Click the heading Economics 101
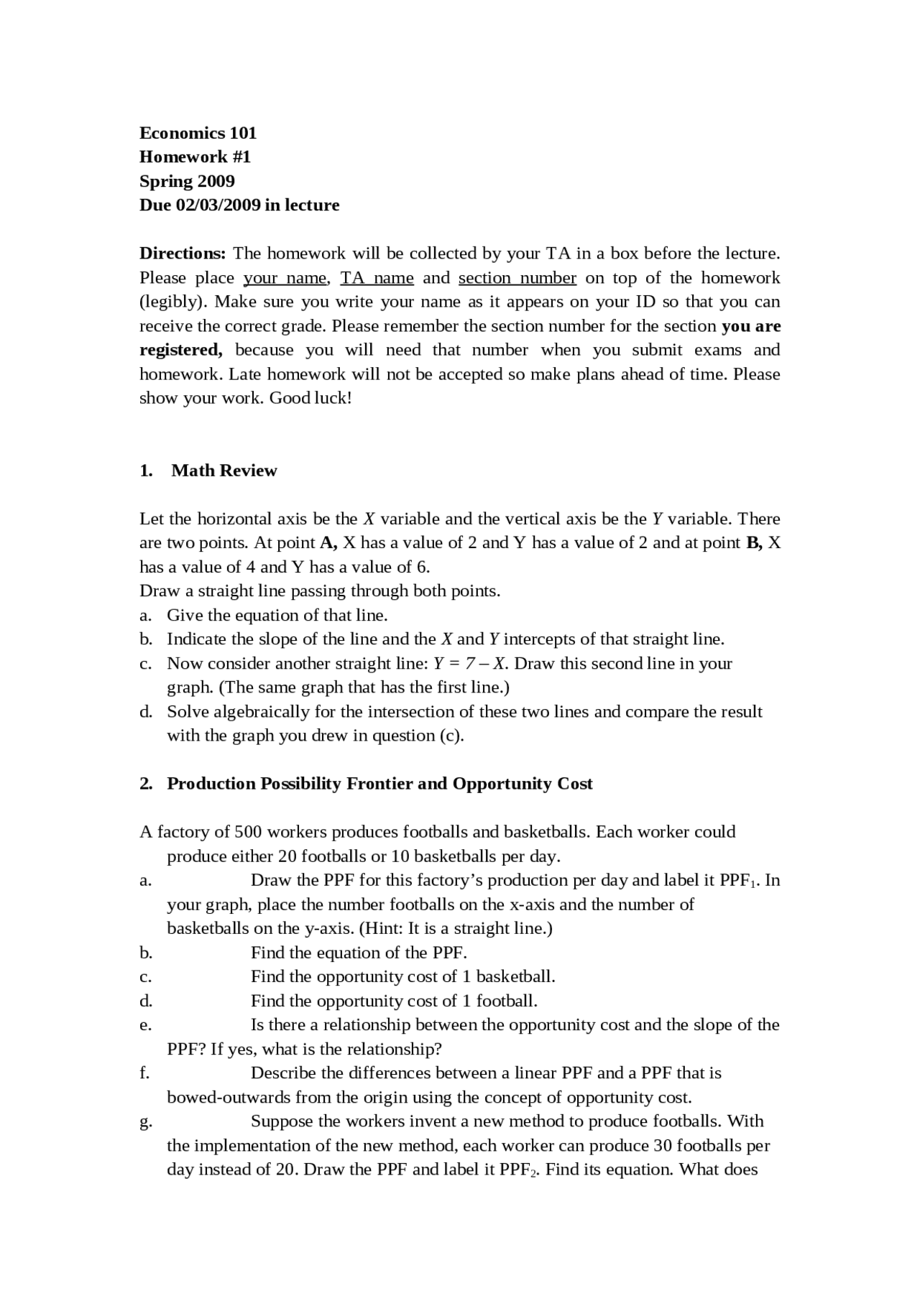pos(198,133)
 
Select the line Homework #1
pos(195,157)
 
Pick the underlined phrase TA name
pos(377,277)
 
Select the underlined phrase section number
pos(517,277)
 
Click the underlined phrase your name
pos(285,277)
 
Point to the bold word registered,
pos(180,350)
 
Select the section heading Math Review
pos(224,471)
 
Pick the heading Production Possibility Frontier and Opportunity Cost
pos(379,783)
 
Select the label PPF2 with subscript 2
pos(518,1170)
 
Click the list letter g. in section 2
pos(145,1121)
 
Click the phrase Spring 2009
pos(187,181)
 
